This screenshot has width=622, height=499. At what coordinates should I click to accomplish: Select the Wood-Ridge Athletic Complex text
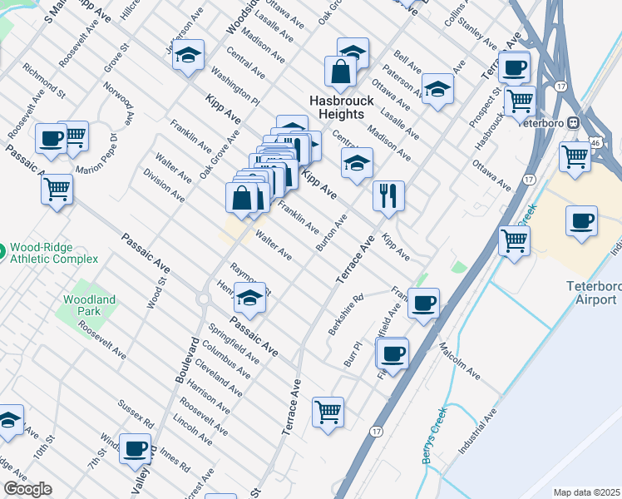(48, 255)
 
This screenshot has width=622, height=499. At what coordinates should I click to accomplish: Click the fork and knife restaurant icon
(388, 196)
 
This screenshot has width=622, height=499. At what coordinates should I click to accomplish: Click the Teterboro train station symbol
(574, 122)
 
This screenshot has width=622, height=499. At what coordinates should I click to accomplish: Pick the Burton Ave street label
(331, 233)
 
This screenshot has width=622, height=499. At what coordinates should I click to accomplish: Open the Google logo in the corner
(27, 489)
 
